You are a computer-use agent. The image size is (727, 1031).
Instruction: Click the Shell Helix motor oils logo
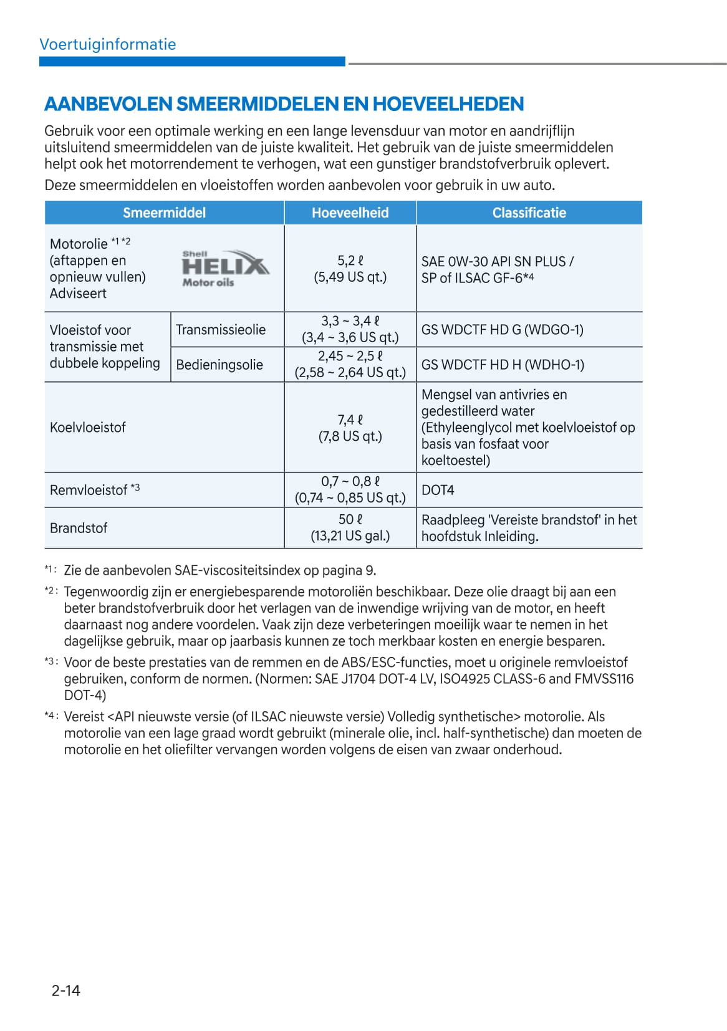click(225, 269)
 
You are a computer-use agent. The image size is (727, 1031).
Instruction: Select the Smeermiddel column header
click(164, 213)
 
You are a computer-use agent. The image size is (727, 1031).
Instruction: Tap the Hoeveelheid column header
click(350, 213)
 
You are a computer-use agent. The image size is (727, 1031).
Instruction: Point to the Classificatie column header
click(529, 213)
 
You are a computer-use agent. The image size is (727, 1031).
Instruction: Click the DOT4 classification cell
click(438, 490)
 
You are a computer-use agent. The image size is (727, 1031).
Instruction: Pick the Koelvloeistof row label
click(88, 428)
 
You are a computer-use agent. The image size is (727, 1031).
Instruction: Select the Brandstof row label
click(79, 528)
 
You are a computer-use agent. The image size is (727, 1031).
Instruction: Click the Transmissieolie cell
click(221, 330)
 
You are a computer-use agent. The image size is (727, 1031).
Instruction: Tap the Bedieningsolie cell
click(219, 365)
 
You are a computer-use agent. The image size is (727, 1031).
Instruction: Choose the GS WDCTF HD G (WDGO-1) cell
click(503, 330)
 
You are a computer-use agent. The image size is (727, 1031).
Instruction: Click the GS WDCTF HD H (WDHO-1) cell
click(503, 365)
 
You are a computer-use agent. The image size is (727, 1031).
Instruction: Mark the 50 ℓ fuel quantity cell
click(350, 527)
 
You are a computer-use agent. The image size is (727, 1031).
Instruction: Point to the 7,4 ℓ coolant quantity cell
click(350, 428)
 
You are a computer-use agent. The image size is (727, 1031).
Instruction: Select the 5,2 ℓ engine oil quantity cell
click(350, 269)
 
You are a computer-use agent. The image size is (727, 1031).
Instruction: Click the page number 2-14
click(65, 990)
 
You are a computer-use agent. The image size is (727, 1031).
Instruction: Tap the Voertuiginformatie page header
click(107, 44)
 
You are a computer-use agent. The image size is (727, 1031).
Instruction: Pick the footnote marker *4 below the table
click(51, 716)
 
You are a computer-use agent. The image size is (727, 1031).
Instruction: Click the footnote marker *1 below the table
click(51, 569)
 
